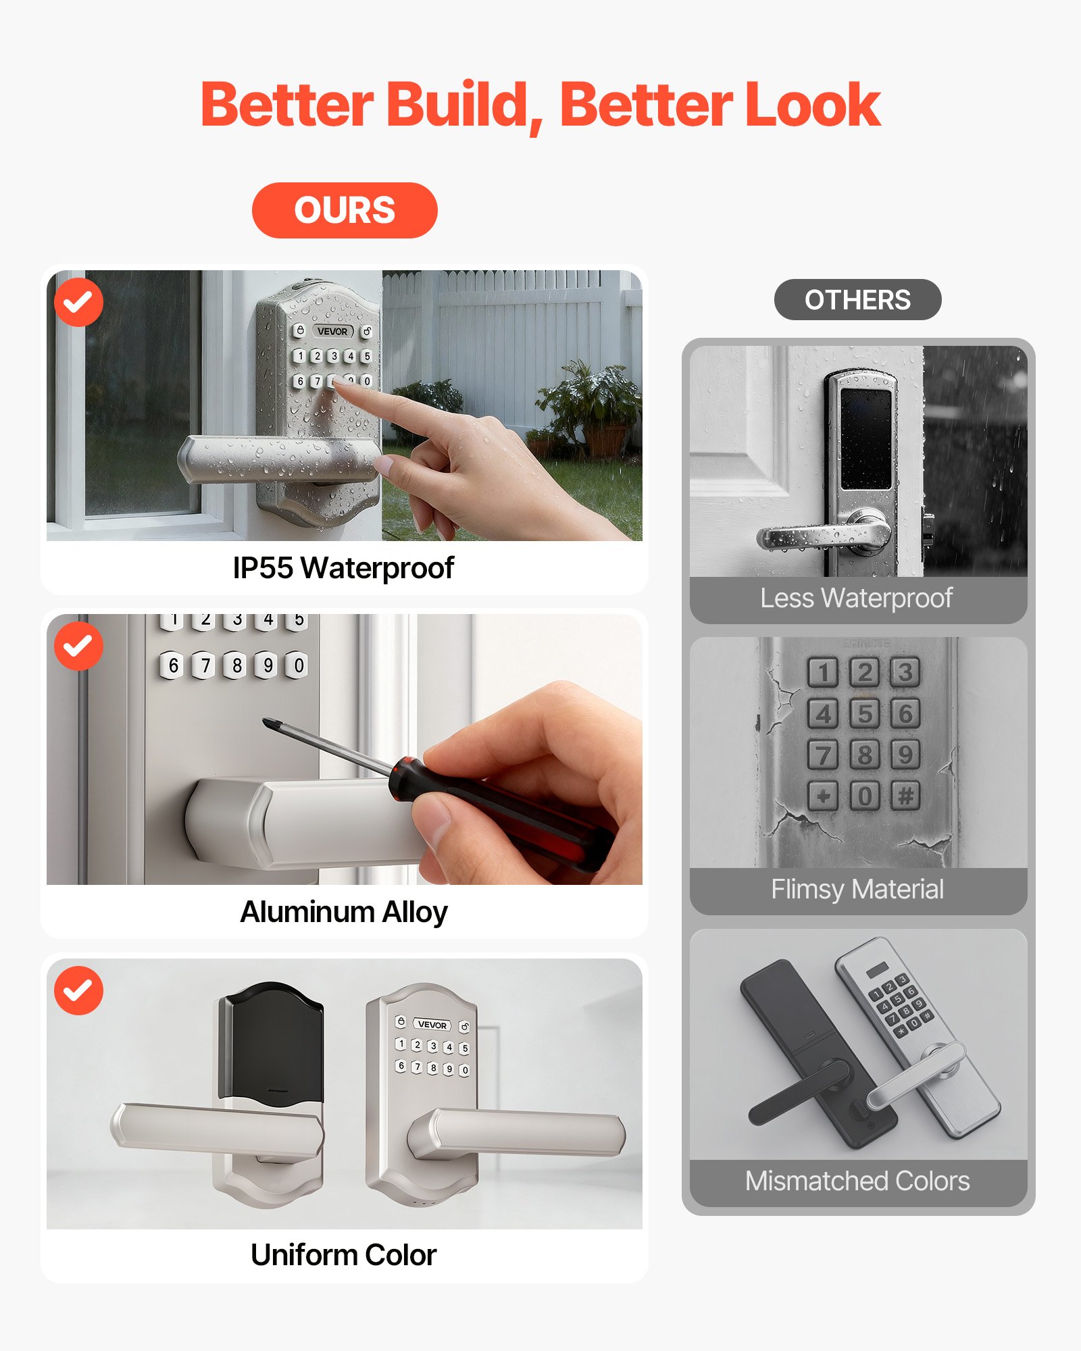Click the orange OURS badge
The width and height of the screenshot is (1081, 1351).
[345, 210]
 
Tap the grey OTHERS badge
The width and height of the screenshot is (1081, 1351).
[857, 300]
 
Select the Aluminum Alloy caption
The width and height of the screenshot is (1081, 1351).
[344, 912]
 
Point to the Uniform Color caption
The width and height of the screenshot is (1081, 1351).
[343, 1255]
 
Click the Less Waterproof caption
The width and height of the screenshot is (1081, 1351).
[856, 598]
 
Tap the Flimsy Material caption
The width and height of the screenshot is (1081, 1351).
[857, 890]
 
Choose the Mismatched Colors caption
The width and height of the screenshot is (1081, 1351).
[857, 1181]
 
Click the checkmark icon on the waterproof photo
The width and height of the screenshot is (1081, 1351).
[78, 302]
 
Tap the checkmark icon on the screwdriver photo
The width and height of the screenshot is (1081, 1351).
[78, 646]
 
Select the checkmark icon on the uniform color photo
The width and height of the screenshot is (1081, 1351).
[78, 990]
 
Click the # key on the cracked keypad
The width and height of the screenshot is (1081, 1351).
[905, 796]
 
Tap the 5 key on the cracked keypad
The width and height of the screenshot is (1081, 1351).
[864, 713]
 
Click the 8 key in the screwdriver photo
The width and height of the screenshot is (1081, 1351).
[236, 666]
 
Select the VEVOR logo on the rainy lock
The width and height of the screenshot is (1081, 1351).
[332, 332]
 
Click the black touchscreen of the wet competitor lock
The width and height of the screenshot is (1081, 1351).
[865, 439]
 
